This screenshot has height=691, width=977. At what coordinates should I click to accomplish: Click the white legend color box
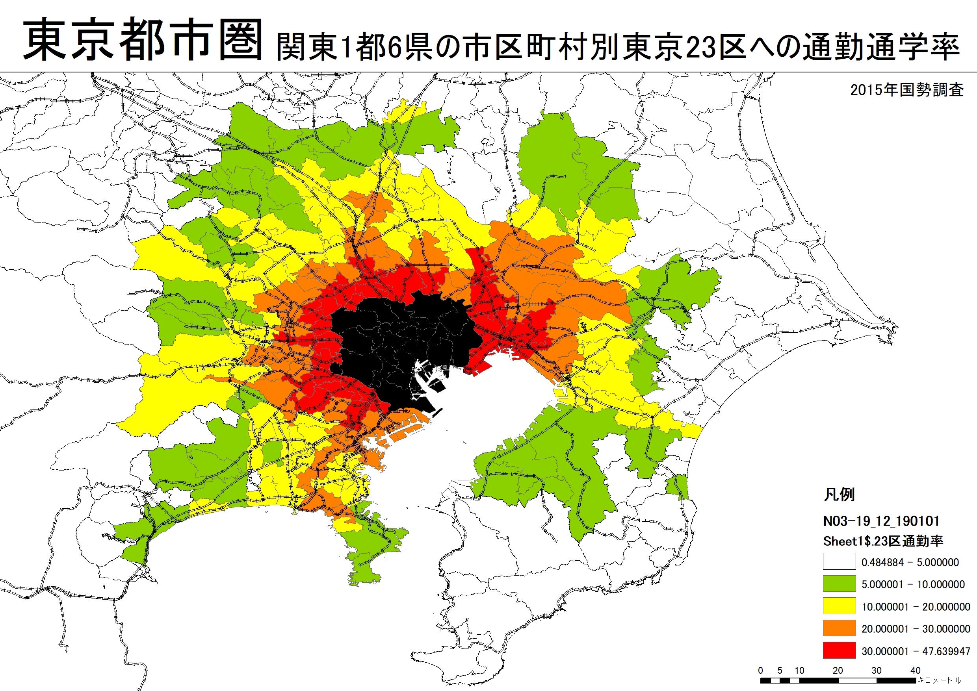tap(839, 561)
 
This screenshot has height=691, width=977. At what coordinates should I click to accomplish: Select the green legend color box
tap(839, 584)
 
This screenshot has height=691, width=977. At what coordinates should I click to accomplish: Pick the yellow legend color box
tap(839, 606)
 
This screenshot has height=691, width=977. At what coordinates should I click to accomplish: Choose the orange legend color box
tap(839, 628)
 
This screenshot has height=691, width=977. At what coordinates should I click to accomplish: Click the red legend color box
tap(839, 650)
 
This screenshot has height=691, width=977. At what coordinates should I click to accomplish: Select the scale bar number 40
tap(916, 671)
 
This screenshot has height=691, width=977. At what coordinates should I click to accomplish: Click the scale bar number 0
tap(761, 671)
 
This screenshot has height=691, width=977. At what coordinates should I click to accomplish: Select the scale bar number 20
tap(838, 671)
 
